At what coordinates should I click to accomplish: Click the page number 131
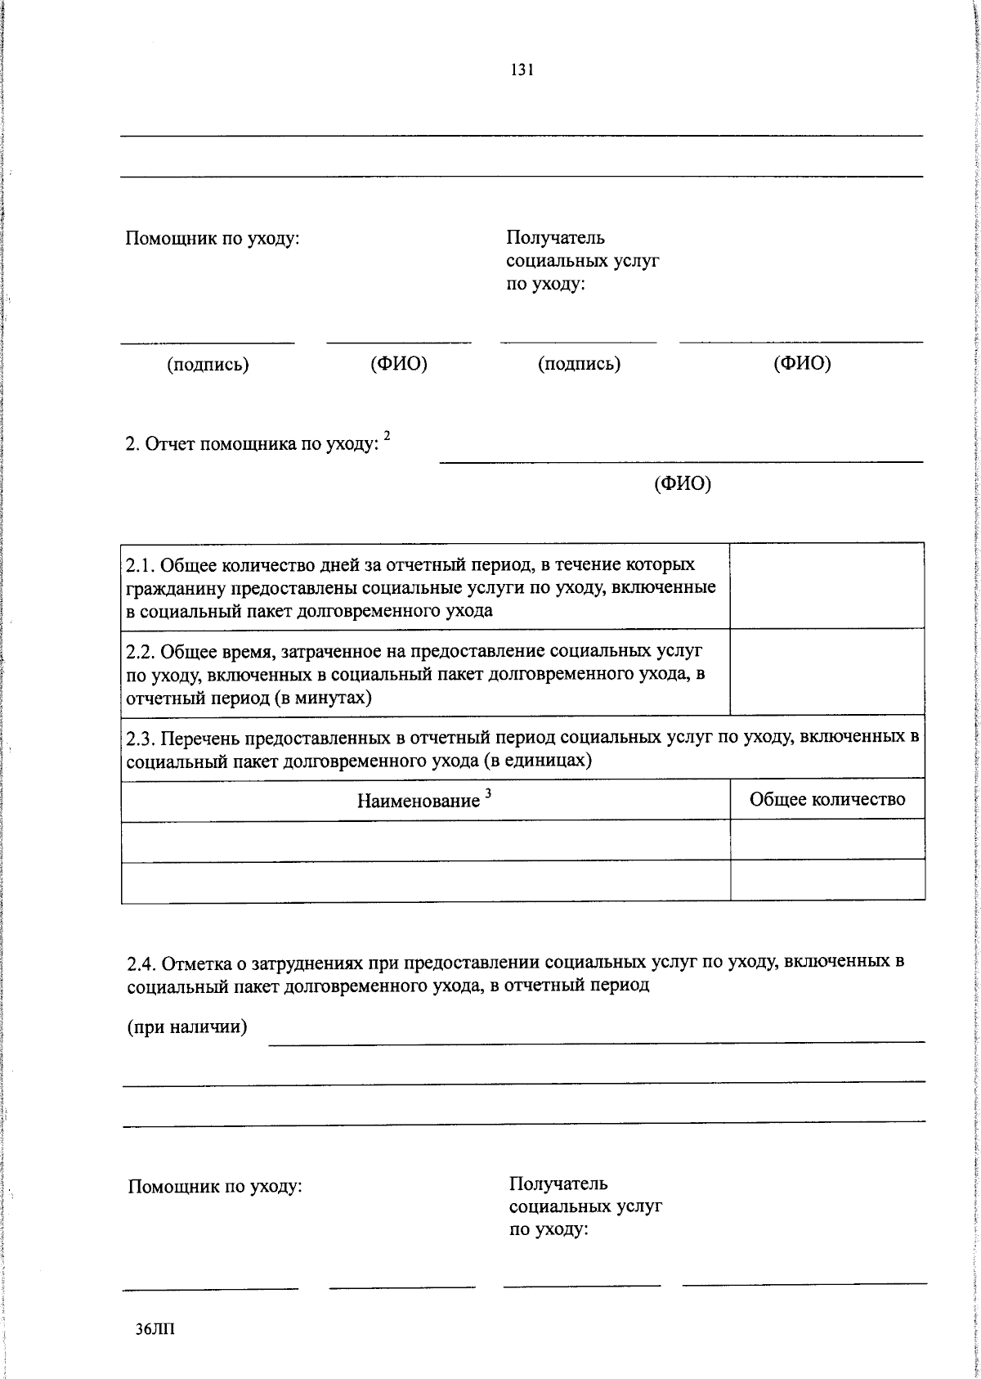[522, 70]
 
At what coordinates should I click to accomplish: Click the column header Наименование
[418, 801]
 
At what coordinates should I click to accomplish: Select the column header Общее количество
[827, 799]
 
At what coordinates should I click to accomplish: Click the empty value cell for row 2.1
[826, 586]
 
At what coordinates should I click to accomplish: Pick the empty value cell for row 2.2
[826, 672]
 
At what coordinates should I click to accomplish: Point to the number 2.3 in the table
[140, 739]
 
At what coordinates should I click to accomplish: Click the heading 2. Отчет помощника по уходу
[253, 445]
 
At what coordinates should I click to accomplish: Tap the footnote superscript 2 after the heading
[387, 438]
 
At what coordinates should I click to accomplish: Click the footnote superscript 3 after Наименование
[488, 793]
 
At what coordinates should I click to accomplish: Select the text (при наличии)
[187, 1027]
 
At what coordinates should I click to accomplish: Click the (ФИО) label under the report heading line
[683, 484]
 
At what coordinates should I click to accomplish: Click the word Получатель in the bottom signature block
[558, 1184]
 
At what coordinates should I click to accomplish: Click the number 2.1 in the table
[140, 565]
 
